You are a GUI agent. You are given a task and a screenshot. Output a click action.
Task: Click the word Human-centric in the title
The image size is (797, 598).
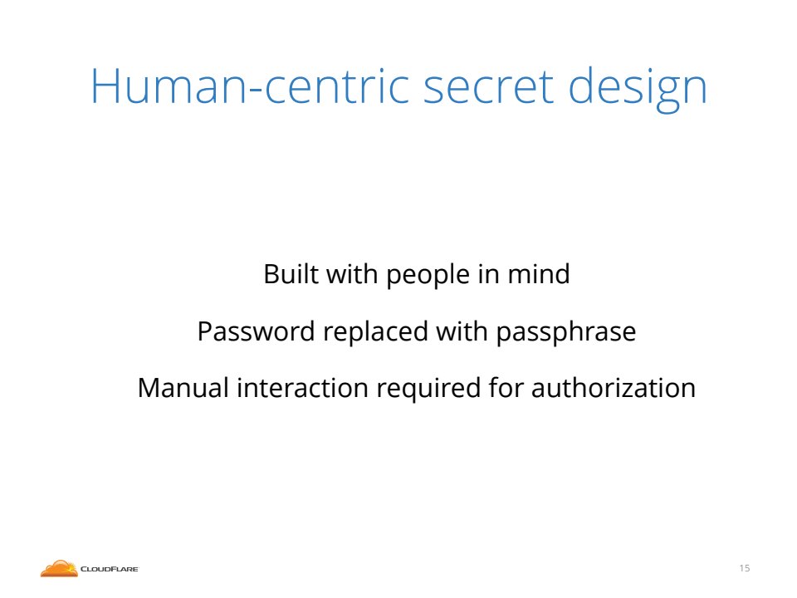(x=250, y=86)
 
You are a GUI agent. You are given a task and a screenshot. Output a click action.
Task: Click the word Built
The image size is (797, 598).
(x=291, y=273)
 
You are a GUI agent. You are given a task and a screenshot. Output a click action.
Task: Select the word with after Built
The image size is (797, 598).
(x=352, y=273)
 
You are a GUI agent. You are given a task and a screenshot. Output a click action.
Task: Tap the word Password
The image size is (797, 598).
(x=257, y=331)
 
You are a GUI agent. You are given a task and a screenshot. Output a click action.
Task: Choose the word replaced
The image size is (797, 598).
(x=375, y=333)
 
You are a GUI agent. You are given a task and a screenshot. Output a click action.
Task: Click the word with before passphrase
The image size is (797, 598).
(x=462, y=331)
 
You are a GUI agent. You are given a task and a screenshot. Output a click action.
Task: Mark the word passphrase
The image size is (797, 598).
(x=565, y=333)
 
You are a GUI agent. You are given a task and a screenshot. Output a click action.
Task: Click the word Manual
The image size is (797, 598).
(x=183, y=388)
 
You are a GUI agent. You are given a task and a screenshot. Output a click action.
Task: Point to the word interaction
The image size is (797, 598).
(x=303, y=388)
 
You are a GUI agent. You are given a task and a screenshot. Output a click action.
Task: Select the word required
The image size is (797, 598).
(x=428, y=390)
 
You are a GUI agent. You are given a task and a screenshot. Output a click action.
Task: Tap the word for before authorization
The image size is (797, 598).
(x=506, y=388)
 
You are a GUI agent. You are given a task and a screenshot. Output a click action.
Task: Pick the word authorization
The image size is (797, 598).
(x=614, y=388)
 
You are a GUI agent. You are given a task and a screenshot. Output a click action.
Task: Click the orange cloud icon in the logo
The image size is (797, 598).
(x=59, y=568)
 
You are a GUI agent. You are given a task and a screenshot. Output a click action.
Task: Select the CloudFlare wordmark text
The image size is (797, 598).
(x=110, y=569)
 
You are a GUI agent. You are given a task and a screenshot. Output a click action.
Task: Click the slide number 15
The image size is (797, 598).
(x=745, y=568)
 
